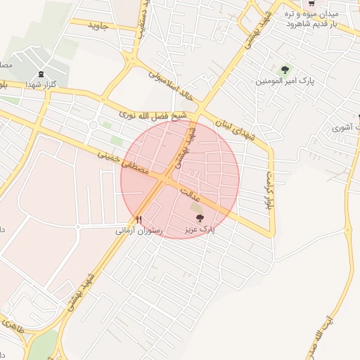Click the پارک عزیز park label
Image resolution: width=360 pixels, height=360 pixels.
(200, 229)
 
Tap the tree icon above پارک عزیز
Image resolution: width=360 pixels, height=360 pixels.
(200, 219)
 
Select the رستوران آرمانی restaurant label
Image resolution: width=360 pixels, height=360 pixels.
(139, 230)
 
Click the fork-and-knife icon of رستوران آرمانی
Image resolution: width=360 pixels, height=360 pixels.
(139, 219)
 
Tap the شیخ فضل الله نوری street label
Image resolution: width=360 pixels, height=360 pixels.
(152, 114)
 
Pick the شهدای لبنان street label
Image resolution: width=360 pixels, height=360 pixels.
(233, 129)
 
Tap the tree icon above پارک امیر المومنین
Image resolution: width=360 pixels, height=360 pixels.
(285, 70)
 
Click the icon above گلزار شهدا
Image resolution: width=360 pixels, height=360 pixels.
(41, 74)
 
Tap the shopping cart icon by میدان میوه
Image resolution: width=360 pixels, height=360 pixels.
(311, 3)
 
